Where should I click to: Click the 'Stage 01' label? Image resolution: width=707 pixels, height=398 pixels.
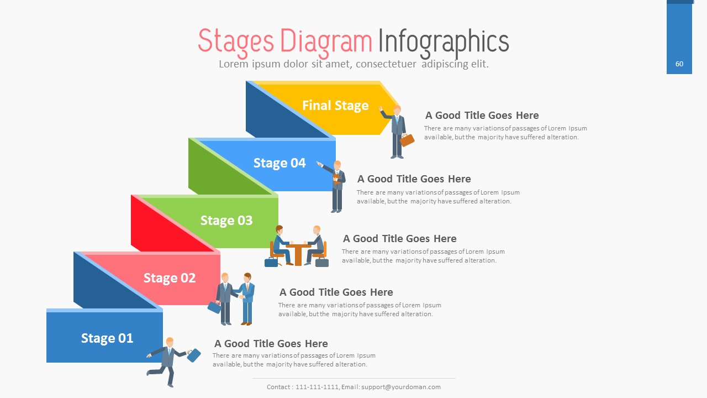pos(107,338)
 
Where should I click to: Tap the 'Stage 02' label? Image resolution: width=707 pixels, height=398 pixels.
pos(170,278)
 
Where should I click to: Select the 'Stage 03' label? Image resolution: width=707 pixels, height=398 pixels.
pos(226,221)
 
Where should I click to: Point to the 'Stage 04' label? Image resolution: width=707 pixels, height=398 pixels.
pos(279,163)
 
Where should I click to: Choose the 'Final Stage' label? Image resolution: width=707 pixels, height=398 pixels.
pos(335,106)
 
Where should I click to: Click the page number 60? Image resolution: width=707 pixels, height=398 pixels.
pos(679,64)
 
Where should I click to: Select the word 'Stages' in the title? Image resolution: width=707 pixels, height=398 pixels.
pos(236,41)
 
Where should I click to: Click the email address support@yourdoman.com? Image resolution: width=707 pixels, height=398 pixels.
pos(401,387)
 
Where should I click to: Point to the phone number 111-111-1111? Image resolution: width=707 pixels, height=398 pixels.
pos(317,387)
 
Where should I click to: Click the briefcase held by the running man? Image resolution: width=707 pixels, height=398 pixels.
pos(193,355)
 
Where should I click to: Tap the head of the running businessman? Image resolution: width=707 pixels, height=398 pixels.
pos(170,342)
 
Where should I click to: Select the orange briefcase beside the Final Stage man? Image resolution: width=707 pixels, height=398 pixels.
pos(407,140)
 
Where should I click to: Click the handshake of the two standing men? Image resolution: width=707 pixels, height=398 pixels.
pos(241,297)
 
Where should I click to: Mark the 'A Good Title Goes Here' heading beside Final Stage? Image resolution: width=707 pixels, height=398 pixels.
pos(482,116)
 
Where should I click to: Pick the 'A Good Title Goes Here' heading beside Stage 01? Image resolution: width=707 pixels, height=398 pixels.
pos(271,344)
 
